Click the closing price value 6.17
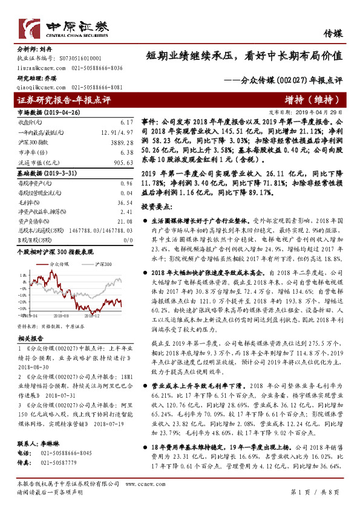[x=126, y=122]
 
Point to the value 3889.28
[x=122, y=140]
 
